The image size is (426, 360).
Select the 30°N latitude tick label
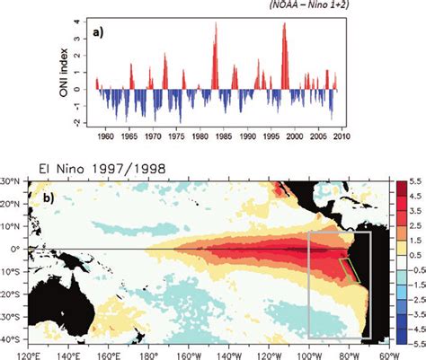click(11, 180)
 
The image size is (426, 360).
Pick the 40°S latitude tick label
click(11, 340)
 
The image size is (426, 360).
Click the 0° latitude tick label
click(15, 249)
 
